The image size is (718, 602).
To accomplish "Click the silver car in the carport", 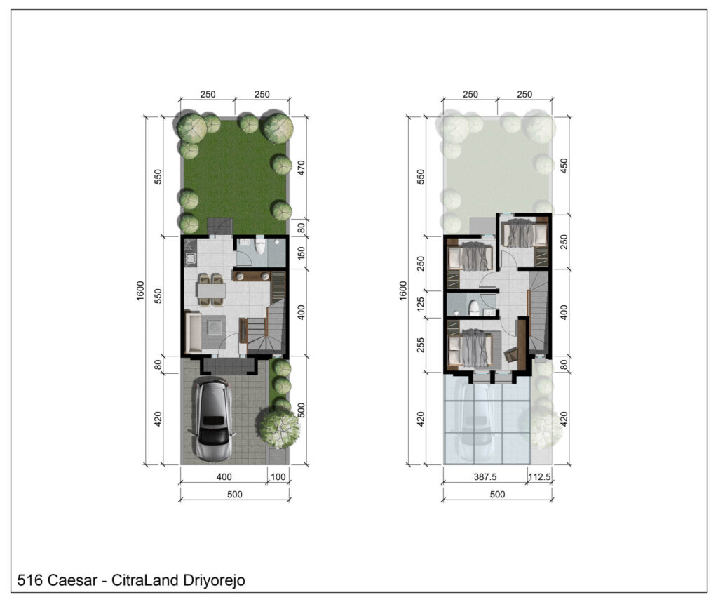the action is tap(212, 419).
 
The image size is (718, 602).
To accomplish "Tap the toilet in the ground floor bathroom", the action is tap(261, 246).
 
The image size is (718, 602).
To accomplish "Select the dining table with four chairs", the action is tap(210, 290).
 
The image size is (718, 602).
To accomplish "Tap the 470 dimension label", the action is tap(301, 168).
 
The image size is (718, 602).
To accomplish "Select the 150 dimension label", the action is tap(301, 253).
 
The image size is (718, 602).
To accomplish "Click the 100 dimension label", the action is tap(278, 476).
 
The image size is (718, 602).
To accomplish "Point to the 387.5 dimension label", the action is tap(485, 476).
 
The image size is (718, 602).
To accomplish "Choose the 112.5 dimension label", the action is tap(539, 476).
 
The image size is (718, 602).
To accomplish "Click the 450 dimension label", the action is tap(564, 166).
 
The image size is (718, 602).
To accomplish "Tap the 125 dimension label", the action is tap(421, 304).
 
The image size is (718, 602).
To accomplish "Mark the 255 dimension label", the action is tap(421, 345).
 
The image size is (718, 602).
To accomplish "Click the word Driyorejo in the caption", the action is tap(214, 580).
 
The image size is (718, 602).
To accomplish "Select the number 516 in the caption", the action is tap(29, 580).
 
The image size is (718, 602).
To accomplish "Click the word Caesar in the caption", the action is tap(72, 580).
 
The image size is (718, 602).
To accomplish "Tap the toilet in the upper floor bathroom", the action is tap(474, 307).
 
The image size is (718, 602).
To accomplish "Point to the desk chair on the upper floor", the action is tap(510, 354).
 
